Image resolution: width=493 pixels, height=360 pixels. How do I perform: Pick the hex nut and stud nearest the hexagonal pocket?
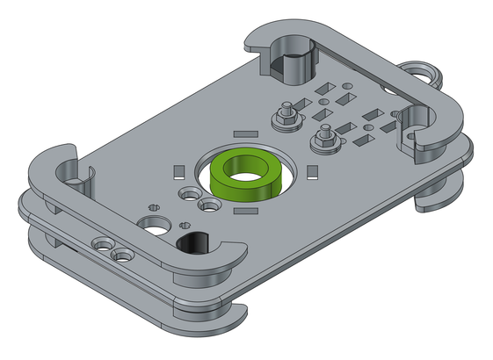[286, 115]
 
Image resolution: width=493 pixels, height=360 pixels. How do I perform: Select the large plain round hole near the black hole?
[156, 222]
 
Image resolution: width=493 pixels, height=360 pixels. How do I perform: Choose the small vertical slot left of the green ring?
[178, 170]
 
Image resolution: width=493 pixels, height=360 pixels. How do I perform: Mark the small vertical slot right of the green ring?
[313, 169]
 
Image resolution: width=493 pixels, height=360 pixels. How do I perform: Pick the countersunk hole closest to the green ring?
[211, 205]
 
